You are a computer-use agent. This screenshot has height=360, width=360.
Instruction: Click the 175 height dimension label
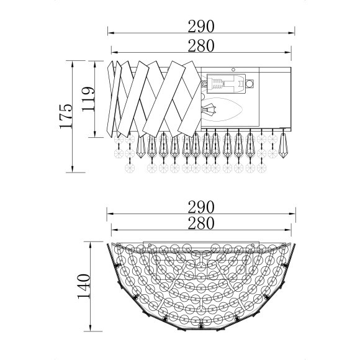point(66,117)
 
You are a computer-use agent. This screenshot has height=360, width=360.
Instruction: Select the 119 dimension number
point(88,99)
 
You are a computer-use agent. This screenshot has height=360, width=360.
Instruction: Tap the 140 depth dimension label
point(84,286)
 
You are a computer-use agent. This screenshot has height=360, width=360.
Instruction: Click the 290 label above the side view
point(201,27)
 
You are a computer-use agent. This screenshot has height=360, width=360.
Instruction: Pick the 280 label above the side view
point(201,46)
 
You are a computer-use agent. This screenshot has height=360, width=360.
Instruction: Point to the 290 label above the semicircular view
point(201,207)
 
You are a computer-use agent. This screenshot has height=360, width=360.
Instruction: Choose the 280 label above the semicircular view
point(201,223)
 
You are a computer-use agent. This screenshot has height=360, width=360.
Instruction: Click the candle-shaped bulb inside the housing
point(222,110)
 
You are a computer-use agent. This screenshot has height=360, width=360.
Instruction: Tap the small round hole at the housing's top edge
point(233,70)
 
